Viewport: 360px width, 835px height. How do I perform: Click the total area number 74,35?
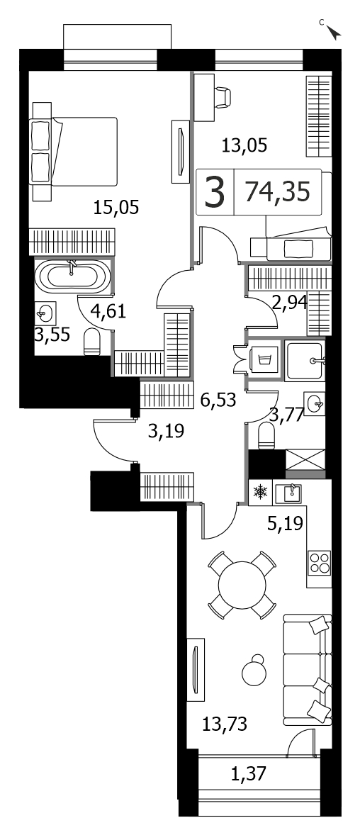pos(277,191)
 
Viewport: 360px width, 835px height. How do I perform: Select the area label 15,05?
pos(116,207)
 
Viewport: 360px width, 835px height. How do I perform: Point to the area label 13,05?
pos(244,144)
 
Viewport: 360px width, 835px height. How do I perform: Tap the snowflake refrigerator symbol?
pos(260,493)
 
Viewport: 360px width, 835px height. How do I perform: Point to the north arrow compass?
pos(333,33)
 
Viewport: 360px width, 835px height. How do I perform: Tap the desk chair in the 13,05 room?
pos(224,97)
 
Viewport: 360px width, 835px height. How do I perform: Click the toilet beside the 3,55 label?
pos(92,342)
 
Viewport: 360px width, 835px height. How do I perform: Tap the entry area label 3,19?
pos(166,430)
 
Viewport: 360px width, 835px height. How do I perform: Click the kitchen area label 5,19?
pos(286,524)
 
